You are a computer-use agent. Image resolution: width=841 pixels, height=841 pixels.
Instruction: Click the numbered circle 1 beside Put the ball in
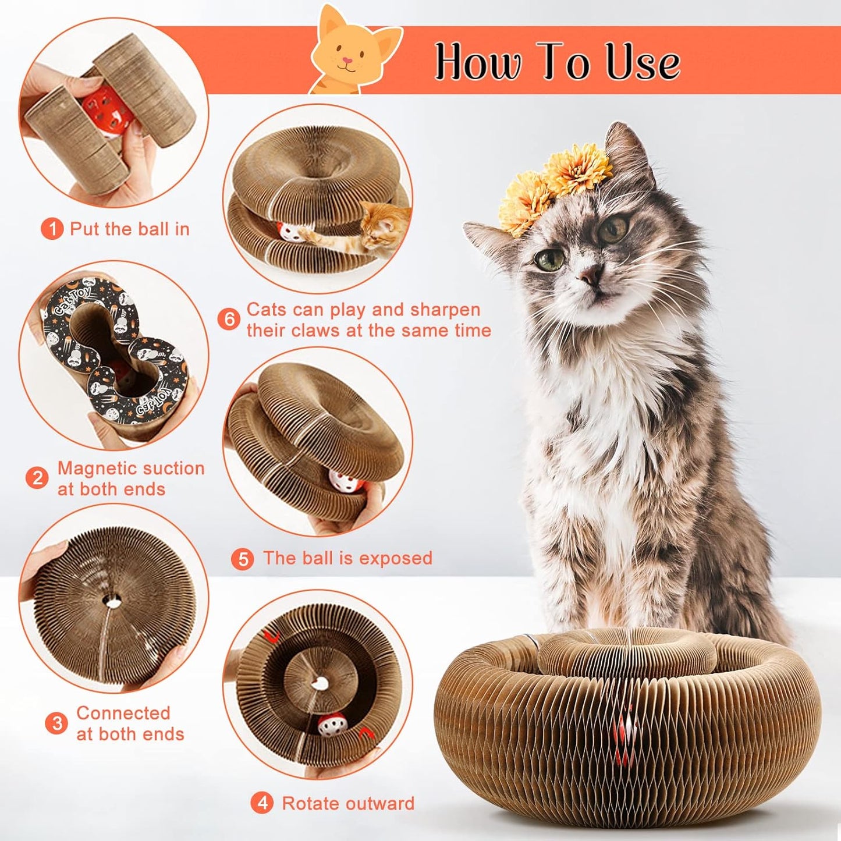coord(52,229)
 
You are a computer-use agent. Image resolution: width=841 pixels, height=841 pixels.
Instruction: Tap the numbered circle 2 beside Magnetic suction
coord(37,478)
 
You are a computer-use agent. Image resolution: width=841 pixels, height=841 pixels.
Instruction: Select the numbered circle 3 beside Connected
coord(56,723)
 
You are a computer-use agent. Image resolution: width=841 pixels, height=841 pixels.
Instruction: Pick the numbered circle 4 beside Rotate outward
coord(262,803)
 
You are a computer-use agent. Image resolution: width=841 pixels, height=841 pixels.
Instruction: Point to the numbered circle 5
coord(242,559)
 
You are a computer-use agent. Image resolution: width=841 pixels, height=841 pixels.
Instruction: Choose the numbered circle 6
coord(229,320)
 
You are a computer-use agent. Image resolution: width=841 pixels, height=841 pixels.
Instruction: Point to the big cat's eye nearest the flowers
coord(613,229)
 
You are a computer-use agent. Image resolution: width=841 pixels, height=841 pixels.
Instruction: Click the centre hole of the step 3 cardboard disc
coord(112,601)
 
